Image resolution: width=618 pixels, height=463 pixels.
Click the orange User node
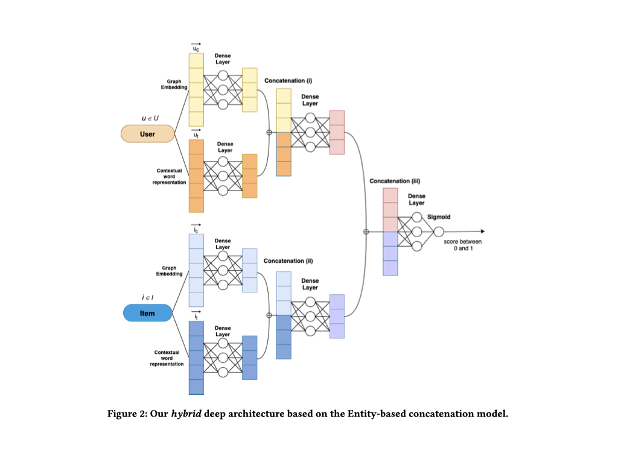[148, 134]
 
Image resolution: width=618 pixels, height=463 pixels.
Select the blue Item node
[147, 313]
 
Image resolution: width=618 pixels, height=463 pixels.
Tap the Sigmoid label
[439, 217]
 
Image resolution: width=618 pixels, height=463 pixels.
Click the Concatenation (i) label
[288, 80]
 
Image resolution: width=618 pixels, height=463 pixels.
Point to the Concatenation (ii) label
[288, 261]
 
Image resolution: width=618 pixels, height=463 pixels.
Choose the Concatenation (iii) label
[394, 181]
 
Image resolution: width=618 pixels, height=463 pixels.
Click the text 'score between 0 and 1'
[463, 245]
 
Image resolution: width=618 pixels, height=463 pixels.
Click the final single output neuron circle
[439, 231]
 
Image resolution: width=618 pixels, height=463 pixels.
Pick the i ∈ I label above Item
[147, 298]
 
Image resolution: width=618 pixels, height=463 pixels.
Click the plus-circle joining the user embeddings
[269, 133]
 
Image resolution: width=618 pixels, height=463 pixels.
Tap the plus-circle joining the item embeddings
[269, 315]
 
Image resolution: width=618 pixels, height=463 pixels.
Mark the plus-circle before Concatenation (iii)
[366, 231]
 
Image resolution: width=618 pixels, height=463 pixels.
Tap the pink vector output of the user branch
[337, 132]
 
